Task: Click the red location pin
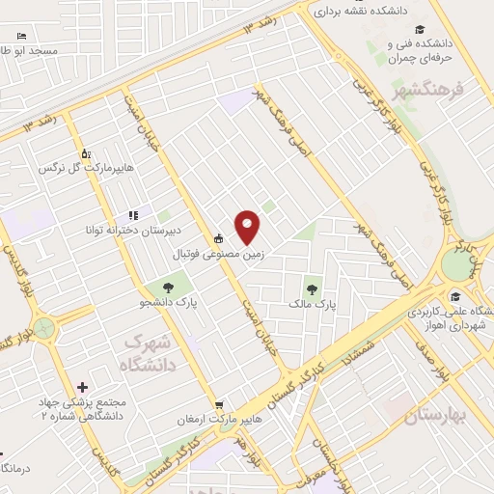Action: click(x=248, y=226)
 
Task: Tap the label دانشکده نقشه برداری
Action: click(x=380, y=12)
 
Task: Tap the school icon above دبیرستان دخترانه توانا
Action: click(x=133, y=215)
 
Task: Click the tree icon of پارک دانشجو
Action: click(x=169, y=287)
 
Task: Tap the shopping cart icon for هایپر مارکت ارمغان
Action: click(x=219, y=405)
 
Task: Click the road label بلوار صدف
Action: click(x=443, y=372)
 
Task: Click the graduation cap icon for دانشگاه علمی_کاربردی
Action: click(x=454, y=297)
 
